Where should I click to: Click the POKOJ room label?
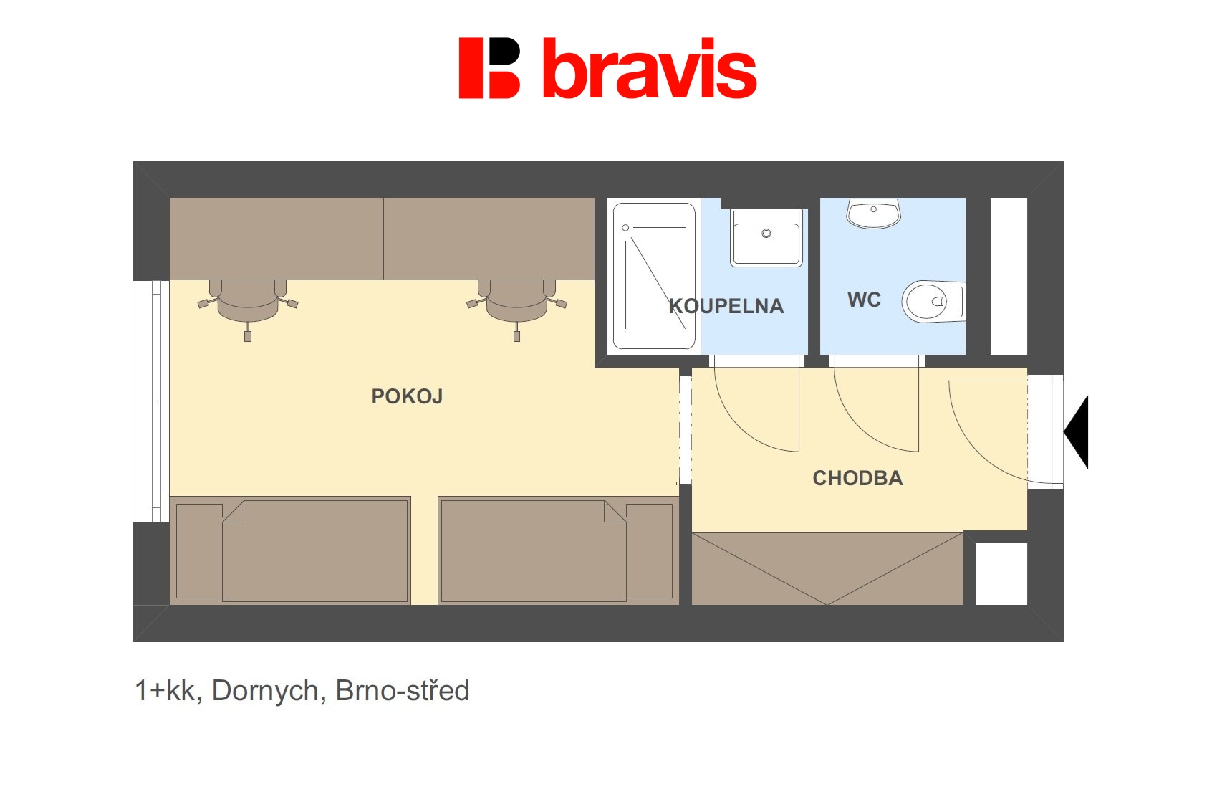click(x=407, y=397)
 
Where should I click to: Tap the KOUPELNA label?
click(x=726, y=307)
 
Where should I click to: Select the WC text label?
click(x=864, y=300)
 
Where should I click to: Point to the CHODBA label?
click(x=858, y=478)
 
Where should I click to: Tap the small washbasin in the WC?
click(x=874, y=213)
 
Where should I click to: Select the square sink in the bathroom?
click(x=766, y=238)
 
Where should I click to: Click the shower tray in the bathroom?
click(x=654, y=276)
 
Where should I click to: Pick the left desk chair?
click(x=248, y=305)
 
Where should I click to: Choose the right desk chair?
click(x=516, y=305)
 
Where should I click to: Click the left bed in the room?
click(x=290, y=550)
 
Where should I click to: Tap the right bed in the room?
click(x=559, y=550)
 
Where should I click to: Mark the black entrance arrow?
click(x=1077, y=432)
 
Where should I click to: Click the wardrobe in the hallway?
click(x=827, y=568)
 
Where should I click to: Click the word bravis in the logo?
click(x=650, y=69)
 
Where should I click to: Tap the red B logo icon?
click(x=489, y=68)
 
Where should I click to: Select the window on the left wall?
click(x=151, y=401)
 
